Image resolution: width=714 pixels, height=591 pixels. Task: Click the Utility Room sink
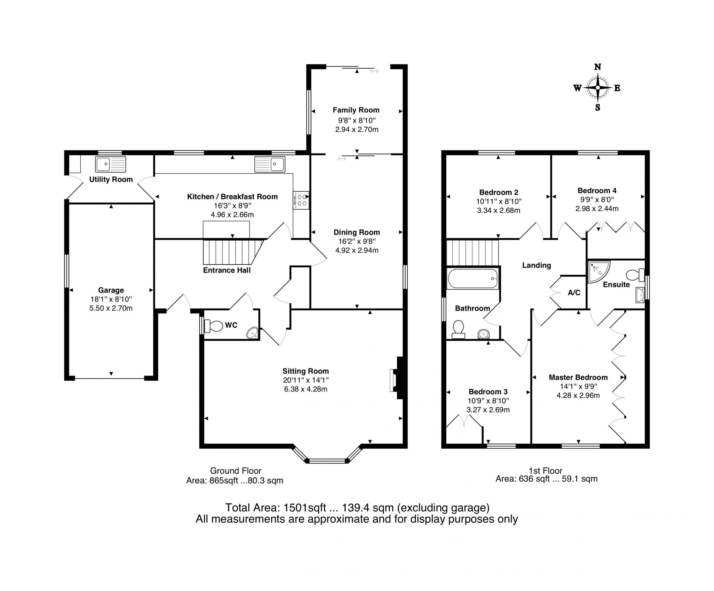tap(110, 164)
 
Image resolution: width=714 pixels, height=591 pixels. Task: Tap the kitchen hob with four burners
tap(301, 200)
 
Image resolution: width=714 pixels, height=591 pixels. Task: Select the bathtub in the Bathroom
tap(472, 279)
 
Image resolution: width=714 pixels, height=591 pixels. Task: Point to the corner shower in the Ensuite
tap(599, 272)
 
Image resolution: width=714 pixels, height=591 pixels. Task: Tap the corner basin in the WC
tap(253, 333)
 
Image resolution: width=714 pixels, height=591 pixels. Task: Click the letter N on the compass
tap(597, 67)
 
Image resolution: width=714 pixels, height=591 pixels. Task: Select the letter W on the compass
tap(577, 88)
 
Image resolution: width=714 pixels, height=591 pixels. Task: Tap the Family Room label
tap(356, 110)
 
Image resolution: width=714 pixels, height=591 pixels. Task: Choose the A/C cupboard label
tap(574, 293)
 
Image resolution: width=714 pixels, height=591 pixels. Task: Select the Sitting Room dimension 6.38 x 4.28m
tap(306, 389)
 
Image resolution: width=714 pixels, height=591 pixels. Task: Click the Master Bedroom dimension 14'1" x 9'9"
tap(578, 387)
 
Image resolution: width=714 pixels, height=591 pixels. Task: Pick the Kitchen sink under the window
tap(270, 164)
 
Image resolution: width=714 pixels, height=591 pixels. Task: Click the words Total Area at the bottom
tap(253, 508)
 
